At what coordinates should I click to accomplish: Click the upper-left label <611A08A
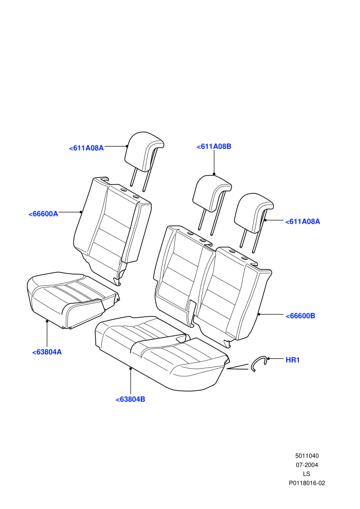pos(86,148)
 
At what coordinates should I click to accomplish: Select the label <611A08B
pos(214,147)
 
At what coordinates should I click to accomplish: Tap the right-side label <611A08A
pos(302,222)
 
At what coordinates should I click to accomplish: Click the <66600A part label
pos(43,214)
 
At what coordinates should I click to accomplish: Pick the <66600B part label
pos(300,316)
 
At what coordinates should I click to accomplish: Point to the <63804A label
pos(47,352)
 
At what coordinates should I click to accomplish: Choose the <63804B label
pos(130,399)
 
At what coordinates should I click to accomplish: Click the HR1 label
pos(293,360)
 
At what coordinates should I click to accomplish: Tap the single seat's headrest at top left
pos(144,153)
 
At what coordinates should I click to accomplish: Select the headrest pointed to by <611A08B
pos(212,195)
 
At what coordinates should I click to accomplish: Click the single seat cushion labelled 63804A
pos(73,299)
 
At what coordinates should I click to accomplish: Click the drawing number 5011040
pos(307,456)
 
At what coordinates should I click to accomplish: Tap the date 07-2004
pos(307,465)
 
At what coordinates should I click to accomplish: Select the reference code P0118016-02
pos(307,483)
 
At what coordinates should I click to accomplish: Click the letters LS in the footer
pos(307,474)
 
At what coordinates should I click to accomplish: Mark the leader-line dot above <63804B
pos(131,369)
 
